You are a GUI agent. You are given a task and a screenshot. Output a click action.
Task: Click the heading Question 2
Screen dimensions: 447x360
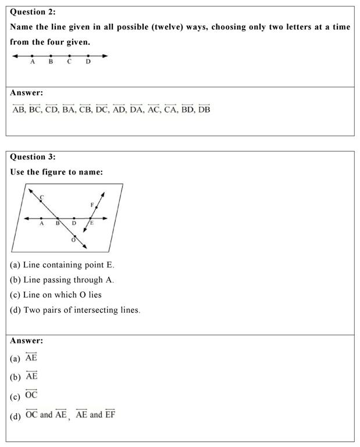34,12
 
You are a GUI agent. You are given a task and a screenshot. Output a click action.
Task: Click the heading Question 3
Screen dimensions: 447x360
34,157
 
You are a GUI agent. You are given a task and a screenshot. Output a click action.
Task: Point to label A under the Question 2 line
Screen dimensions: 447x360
32,62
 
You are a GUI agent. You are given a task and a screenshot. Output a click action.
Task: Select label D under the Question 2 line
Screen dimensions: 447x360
88,62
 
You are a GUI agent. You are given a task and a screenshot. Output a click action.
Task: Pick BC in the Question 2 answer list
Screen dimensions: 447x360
37,109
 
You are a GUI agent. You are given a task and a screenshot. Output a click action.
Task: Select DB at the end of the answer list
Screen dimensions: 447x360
204,109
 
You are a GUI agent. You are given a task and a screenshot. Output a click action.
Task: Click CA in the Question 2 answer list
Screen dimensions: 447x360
170,109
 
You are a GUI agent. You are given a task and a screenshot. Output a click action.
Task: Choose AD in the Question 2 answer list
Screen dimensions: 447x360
120,109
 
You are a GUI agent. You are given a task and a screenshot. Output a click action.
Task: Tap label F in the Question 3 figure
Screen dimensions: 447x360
92,205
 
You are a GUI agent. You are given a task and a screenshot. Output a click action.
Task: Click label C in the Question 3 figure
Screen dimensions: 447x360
42,198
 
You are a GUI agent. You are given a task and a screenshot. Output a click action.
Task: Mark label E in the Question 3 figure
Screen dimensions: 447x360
92,223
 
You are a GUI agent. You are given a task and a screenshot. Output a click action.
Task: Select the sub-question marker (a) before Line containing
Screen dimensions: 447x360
15,265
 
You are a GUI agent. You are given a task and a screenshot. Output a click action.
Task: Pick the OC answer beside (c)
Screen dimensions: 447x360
31,395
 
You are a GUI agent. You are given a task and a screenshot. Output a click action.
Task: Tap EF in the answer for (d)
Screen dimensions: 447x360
111,415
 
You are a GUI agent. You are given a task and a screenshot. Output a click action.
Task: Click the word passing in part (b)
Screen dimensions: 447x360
59,280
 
